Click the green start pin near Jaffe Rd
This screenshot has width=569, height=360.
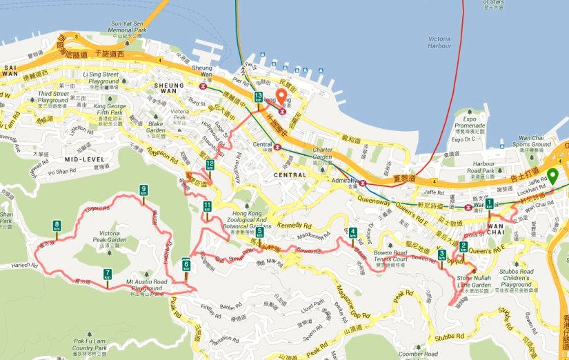click(552, 177)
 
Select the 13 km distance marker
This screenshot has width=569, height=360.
click(258, 97)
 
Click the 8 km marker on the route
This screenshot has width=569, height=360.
click(57, 226)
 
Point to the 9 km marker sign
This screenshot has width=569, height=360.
click(143, 190)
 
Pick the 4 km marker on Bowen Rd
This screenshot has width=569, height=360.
click(353, 232)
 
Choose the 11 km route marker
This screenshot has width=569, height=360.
click(207, 206)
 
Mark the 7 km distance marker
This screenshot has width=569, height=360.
click(108, 274)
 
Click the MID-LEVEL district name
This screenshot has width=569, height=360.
click(83, 159)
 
